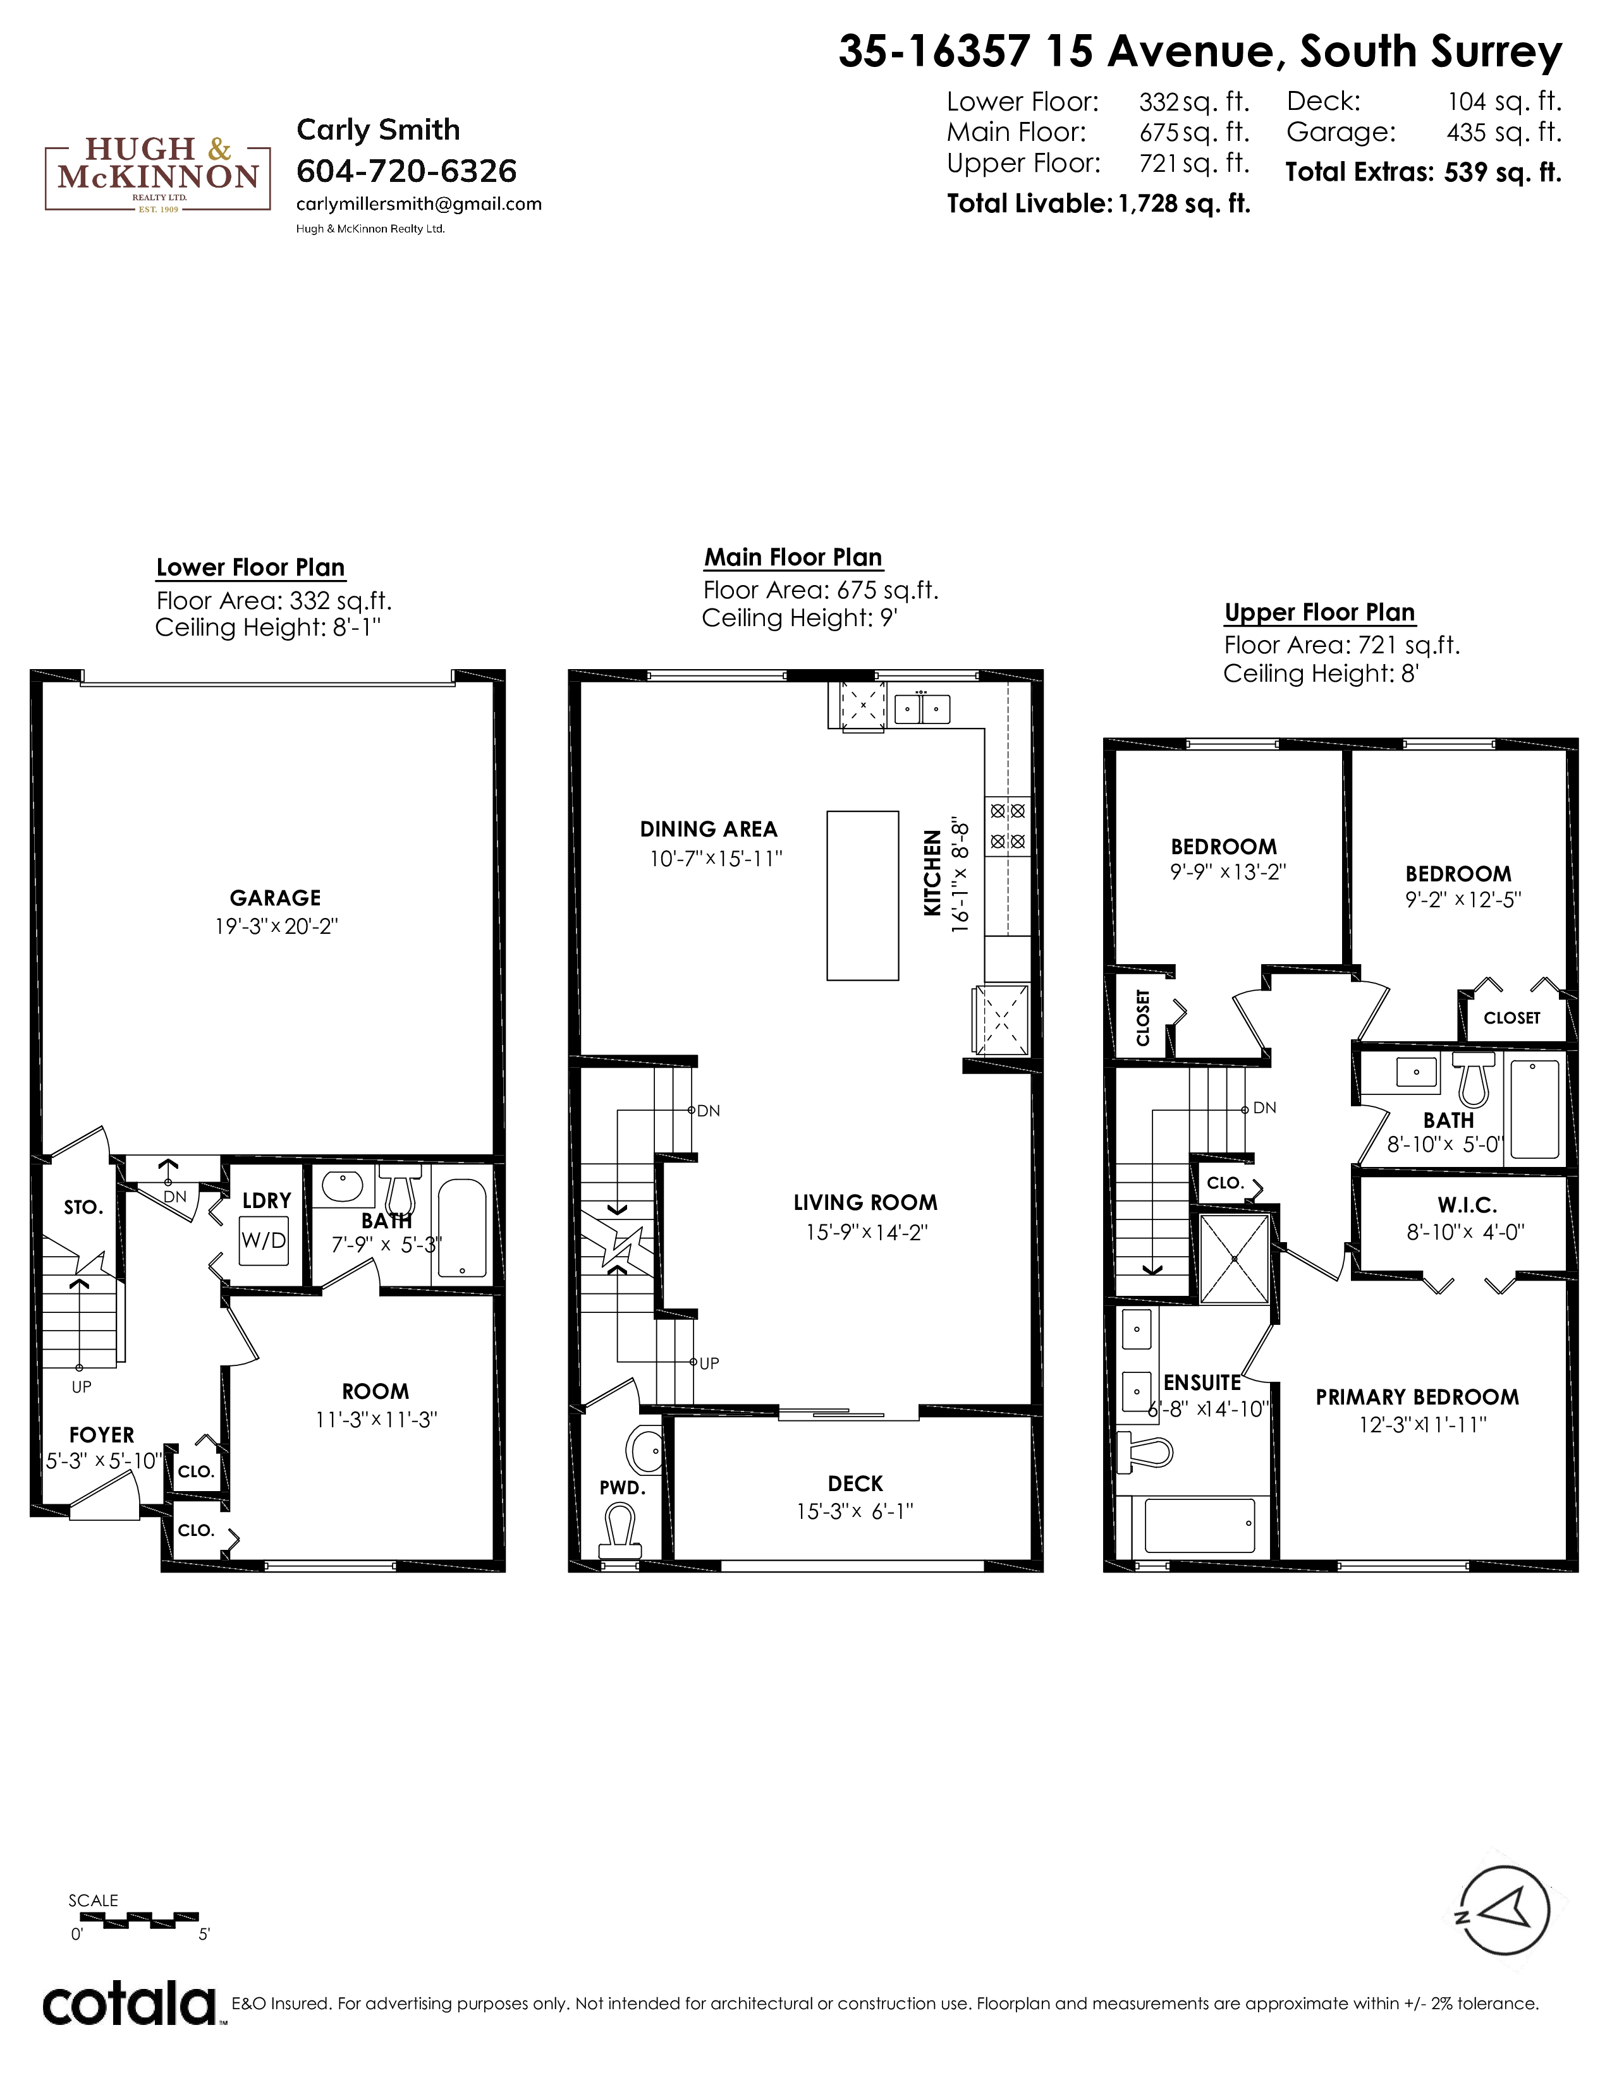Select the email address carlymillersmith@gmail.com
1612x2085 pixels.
click(x=419, y=203)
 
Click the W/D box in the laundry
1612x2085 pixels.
click(x=264, y=1241)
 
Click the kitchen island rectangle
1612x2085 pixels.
click(x=862, y=895)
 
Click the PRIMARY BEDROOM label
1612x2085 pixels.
click(x=1417, y=1397)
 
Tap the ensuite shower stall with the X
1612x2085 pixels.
click(x=1234, y=1258)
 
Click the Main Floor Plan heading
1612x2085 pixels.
click(x=793, y=557)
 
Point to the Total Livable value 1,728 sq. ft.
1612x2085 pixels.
click(x=1184, y=203)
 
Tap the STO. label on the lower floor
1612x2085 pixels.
click(x=83, y=1207)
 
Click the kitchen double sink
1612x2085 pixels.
click(x=922, y=708)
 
